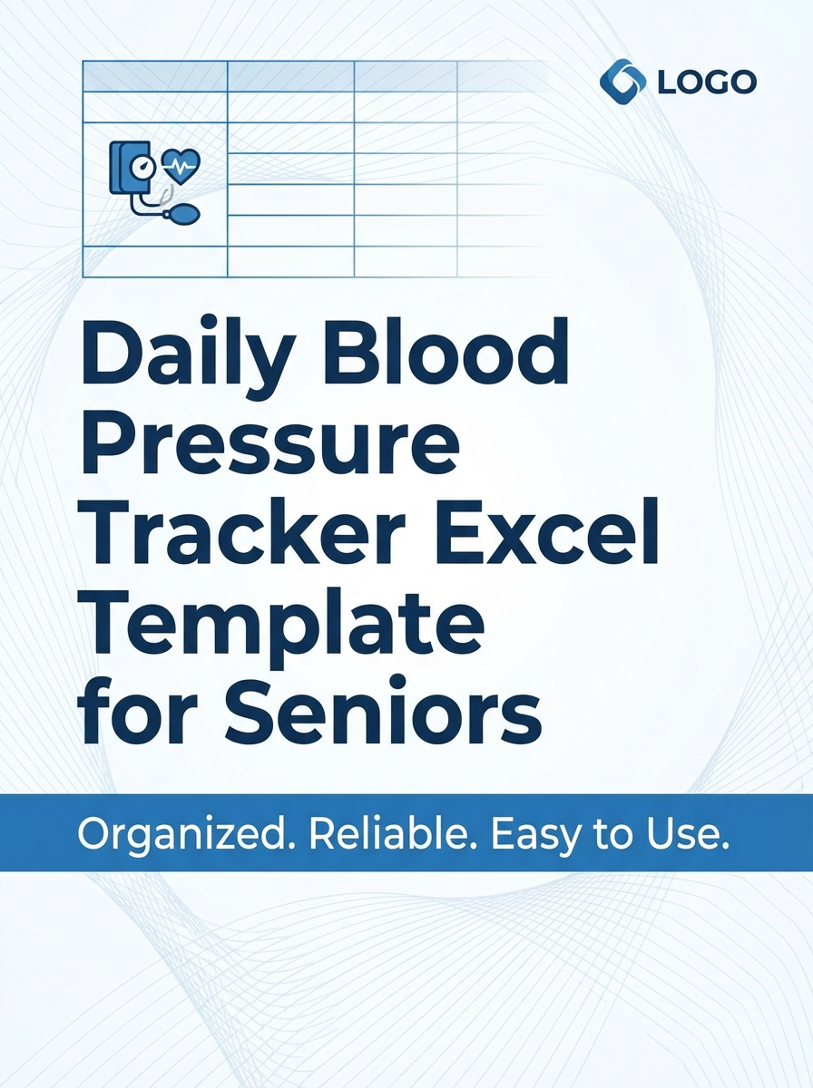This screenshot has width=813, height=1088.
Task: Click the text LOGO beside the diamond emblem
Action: pos(705,83)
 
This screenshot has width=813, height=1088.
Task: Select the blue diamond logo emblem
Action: pos(622,81)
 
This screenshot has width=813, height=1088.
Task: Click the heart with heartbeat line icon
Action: pos(181,166)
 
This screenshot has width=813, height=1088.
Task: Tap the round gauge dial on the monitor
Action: pos(142,167)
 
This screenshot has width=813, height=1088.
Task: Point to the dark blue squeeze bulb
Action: pos(185,214)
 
